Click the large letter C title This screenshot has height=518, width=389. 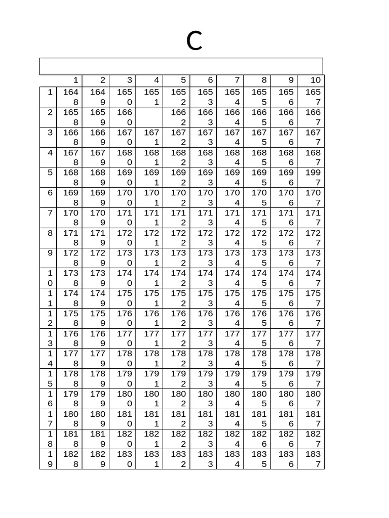pyautogui.click(x=194, y=41)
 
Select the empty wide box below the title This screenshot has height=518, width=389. pyautogui.click(x=181, y=66)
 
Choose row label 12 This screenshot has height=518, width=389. pyautogui.click(x=50, y=318)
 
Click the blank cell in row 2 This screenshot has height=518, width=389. pyautogui.click(x=149, y=117)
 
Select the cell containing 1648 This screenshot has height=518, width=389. pyautogui.click(x=70, y=97)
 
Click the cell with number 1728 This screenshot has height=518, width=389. pyautogui.click(x=70, y=258)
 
